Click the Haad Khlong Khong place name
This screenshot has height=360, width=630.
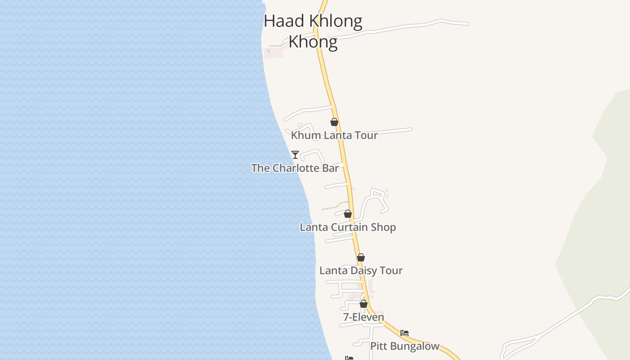pyautogui.click(x=313, y=31)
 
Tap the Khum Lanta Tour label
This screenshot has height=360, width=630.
pyautogui.click(x=334, y=135)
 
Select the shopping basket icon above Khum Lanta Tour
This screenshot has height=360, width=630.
pyautogui.click(x=334, y=122)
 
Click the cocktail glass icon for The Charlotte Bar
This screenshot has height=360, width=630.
pyautogui.click(x=295, y=155)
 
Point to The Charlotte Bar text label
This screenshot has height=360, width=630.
pyautogui.click(x=295, y=168)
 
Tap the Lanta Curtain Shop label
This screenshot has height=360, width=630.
pyautogui.click(x=348, y=227)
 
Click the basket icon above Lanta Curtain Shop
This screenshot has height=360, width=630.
pyautogui.click(x=348, y=214)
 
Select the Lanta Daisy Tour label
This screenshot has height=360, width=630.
pyautogui.click(x=361, y=270)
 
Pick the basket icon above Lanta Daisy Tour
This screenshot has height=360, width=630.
pyautogui.click(x=361, y=257)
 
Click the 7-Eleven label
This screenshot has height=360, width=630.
pyautogui.click(x=364, y=317)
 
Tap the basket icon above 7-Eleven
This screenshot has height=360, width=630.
pyautogui.click(x=364, y=304)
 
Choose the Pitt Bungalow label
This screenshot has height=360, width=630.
pyautogui.click(x=405, y=346)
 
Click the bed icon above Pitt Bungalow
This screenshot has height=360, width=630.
pyautogui.click(x=405, y=333)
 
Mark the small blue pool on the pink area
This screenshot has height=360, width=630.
pyautogui.click(x=269, y=51)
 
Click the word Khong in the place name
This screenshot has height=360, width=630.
pyautogui.click(x=313, y=42)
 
